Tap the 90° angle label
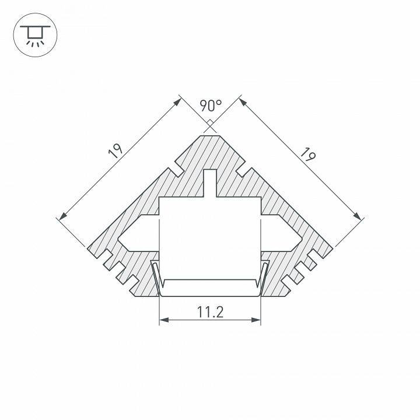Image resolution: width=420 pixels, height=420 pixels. (x=211, y=106)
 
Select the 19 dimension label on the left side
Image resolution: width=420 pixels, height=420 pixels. (x=116, y=152)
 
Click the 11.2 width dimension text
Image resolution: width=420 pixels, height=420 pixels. (x=210, y=312)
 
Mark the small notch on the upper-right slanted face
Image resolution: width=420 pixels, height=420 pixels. (x=242, y=169)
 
